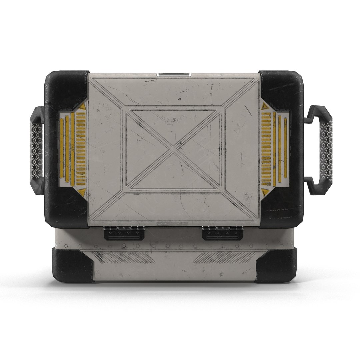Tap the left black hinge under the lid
pyautogui.click(x=124, y=233)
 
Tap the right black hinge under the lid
pyautogui.click(x=222, y=233)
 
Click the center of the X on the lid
pyautogui.click(x=173, y=150)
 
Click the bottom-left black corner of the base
pyautogui.click(x=72, y=265)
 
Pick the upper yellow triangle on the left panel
pyautogui.click(x=82, y=107)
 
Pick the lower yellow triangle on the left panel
pyautogui.click(x=82, y=192)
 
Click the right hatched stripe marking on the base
pyautogui.click(x=224, y=257)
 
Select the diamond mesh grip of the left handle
pyautogui.click(x=36, y=150)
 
